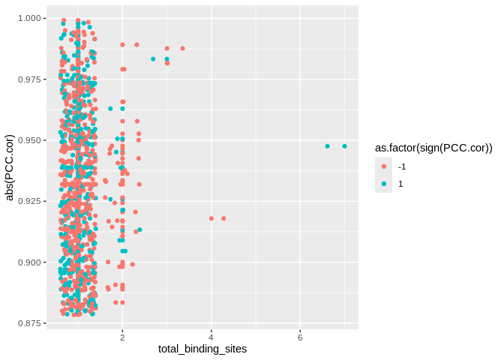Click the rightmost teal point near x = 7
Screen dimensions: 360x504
pyautogui.click(x=344, y=146)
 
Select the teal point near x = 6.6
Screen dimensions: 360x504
pyautogui.click(x=327, y=146)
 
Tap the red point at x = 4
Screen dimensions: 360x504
pyautogui.click(x=211, y=218)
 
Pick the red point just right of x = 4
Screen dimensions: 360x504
pyautogui.click(x=223, y=218)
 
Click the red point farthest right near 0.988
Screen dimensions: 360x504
pyautogui.click(x=182, y=48)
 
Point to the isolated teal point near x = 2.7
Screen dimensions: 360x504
pyautogui.click(x=153, y=58)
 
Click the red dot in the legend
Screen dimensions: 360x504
pyautogui.click(x=384, y=166)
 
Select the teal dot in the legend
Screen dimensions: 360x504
pyautogui.click(x=384, y=184)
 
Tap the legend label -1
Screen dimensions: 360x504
pyautogui.click(x=402, y=166)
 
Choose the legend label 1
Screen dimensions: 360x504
pyautogui.click(x=400, y=184)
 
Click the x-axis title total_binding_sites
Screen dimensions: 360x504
pyautogui.click(x=202, y=349)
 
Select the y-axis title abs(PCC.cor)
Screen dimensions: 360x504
pyautogui.click(x=10, y=167)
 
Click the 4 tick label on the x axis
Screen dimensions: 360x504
pyautogui.click(x=211, y=336)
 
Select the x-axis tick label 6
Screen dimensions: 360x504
pyautogui.click(x=300, y=336)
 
